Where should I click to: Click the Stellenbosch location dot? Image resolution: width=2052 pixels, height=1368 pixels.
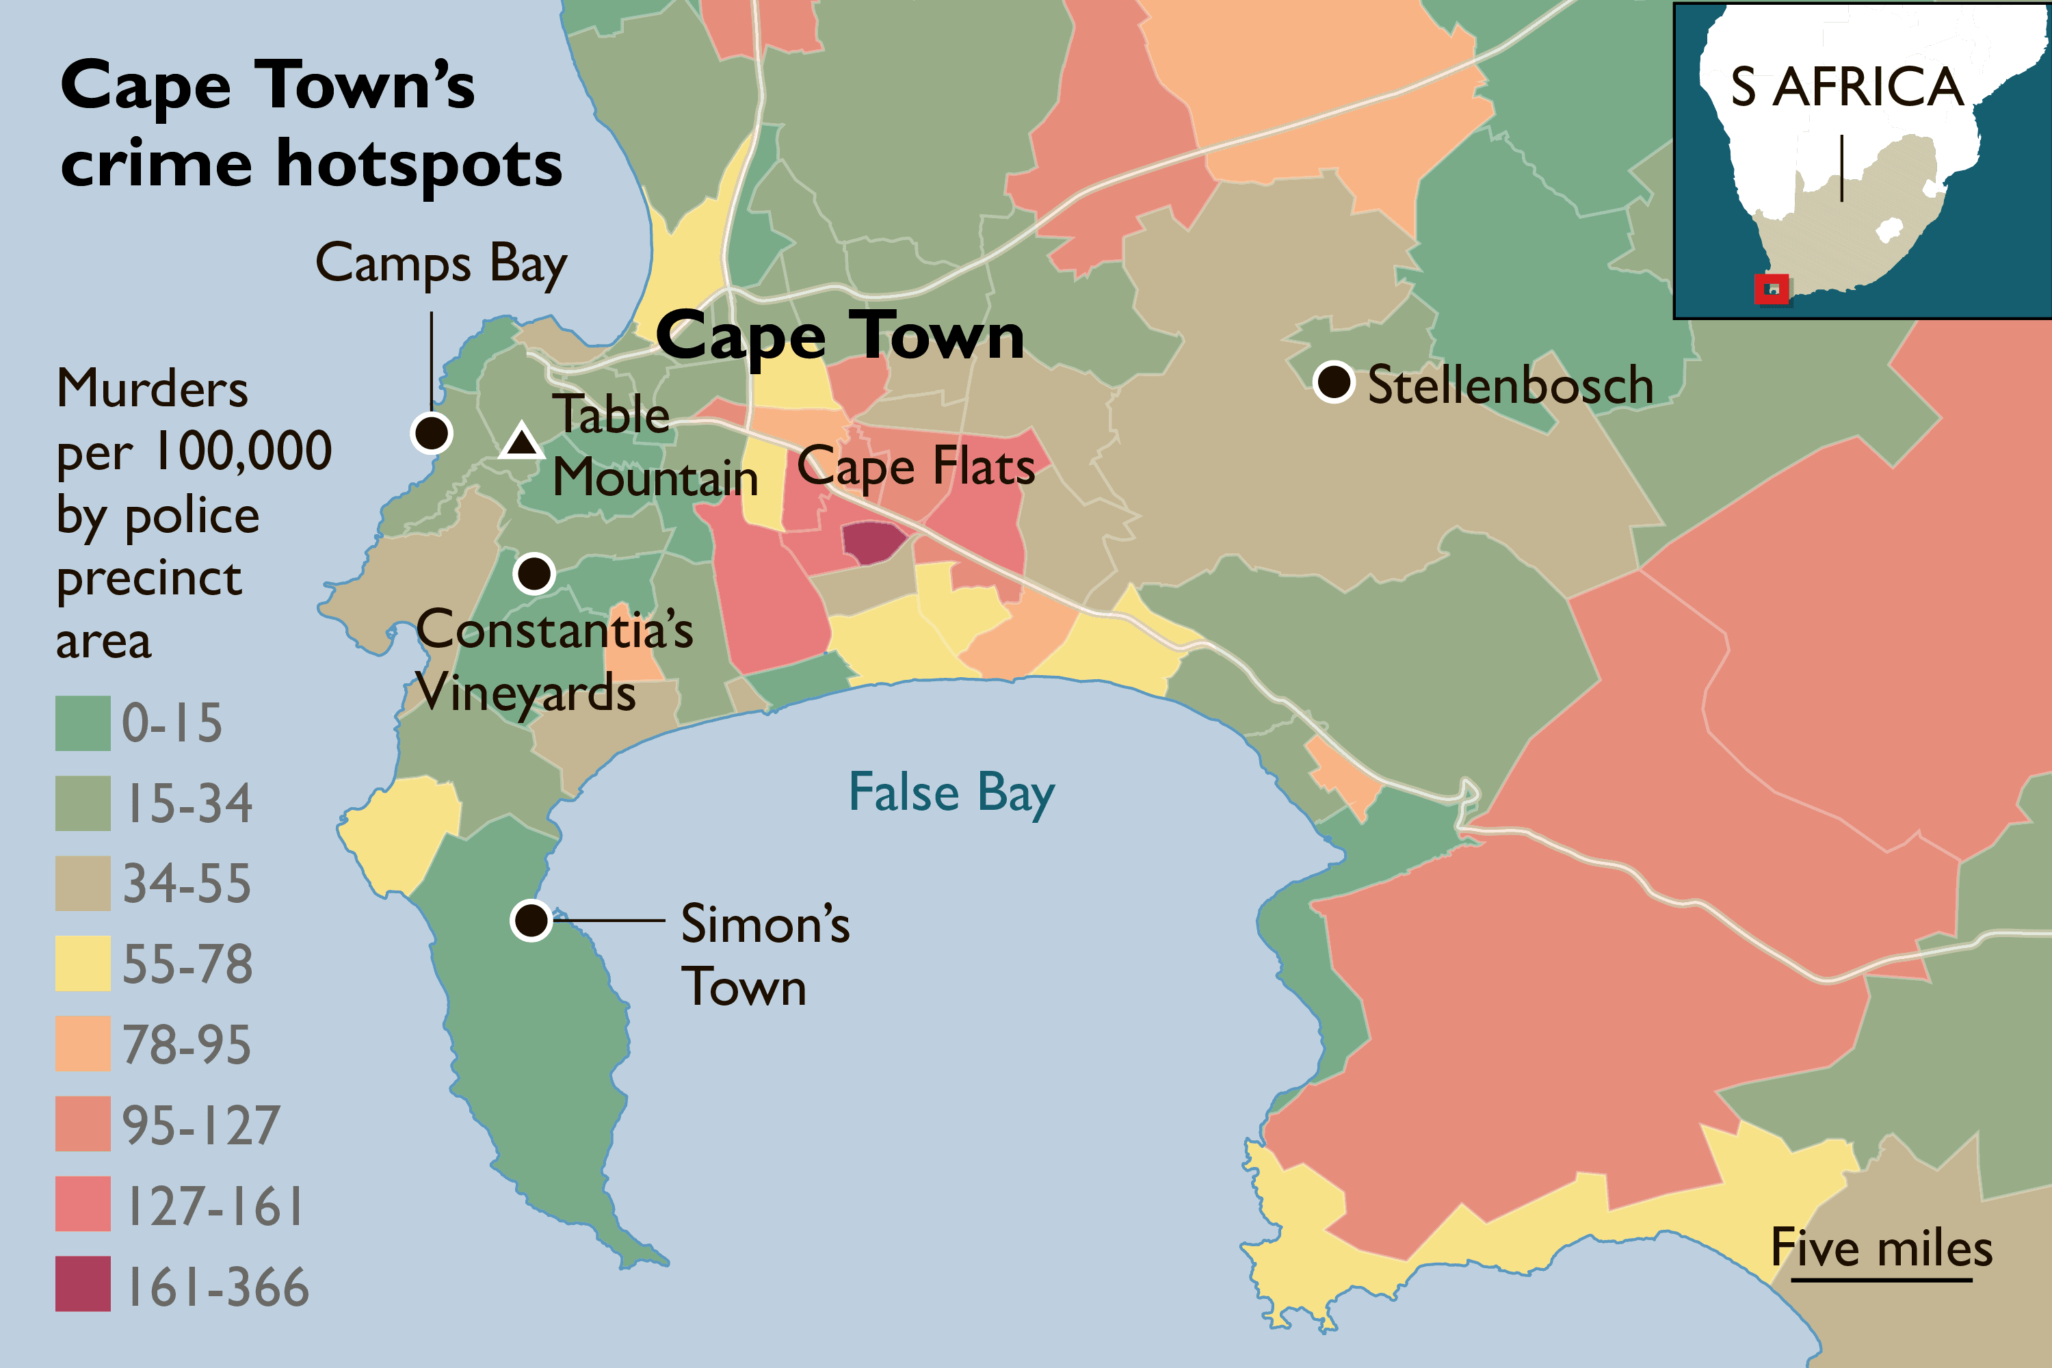click(x=1333, y=381)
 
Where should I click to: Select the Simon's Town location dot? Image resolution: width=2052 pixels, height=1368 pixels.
click(x=531, y=919)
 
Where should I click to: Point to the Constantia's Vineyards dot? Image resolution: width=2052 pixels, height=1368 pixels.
click(x=534, y=573)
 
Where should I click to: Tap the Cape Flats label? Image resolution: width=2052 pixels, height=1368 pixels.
click(x=916, y=466)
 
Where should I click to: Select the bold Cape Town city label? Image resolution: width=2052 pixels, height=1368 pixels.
click(x=839, y=337)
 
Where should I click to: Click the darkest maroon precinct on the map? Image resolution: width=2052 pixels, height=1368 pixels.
click(x=873, y=541)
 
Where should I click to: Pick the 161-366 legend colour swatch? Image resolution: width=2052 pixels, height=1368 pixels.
click(x=83, y=1283)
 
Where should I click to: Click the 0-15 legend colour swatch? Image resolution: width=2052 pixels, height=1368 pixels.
click(x=83, y=722)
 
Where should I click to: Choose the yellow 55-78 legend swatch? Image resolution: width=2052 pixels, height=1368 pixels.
click(x=83, y=963)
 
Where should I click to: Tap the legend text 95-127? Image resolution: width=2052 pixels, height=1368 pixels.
click(x=200, y=1124)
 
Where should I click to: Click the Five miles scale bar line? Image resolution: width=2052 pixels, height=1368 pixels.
click(x=1881, y=1280)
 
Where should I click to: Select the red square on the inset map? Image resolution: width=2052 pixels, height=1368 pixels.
click(x=1771, y=289)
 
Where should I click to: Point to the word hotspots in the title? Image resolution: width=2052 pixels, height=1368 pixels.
click(x=419, y=166)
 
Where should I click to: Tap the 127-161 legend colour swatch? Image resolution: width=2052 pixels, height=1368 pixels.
click(x=83, y=1203)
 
